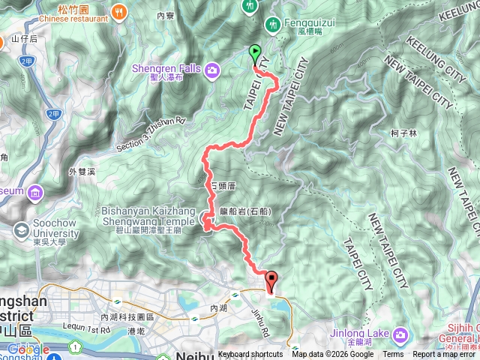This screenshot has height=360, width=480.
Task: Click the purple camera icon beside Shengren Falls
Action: click(x=213, y=70)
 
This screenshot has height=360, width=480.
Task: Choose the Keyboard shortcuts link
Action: click(x=250, y=355)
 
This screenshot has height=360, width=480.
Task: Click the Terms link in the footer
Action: click(x=393, y=355)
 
